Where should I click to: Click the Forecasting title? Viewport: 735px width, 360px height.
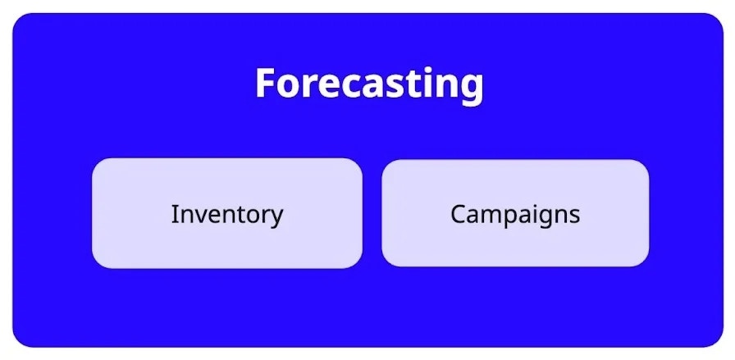click(x=368, y=84)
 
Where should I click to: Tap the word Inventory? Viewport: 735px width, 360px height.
click(x=226, y=214)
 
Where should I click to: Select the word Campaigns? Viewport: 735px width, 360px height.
click(x=515, y=214)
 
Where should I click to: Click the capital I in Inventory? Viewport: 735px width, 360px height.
click(x=174, y=214)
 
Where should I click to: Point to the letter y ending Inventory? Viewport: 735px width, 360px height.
click(x=276, y=218)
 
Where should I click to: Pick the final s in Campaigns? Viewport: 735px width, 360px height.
click(x=574, y=216)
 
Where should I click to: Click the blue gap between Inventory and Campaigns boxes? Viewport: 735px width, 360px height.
click(x=372, y=213)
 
